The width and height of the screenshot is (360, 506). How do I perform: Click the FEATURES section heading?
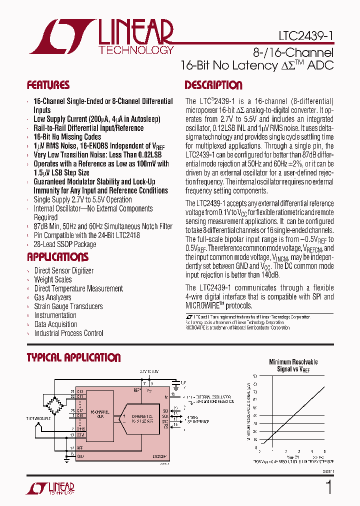point(48,85)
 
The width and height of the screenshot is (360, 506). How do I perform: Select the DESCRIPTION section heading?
point(213,85)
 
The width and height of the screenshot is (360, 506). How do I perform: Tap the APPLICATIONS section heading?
point(57,257)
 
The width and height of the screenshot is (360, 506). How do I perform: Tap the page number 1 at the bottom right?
point(328,487)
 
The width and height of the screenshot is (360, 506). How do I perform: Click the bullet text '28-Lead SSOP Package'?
point(65,244)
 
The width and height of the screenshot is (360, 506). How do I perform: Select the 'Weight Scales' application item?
point(53,279)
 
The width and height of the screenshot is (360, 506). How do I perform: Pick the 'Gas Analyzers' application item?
point(53,297)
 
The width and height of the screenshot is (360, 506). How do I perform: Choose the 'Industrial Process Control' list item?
point(69,333)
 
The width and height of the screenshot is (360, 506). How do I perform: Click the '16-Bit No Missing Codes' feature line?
point(67,136)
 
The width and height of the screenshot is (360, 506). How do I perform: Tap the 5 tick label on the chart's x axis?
point(324,451)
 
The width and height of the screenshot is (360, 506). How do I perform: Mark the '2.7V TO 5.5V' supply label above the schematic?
point(149,371)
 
